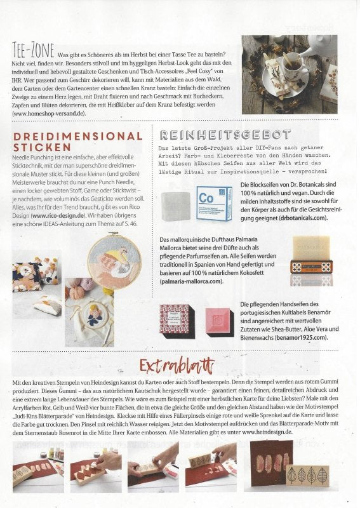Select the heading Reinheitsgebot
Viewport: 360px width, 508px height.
(225, 135)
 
